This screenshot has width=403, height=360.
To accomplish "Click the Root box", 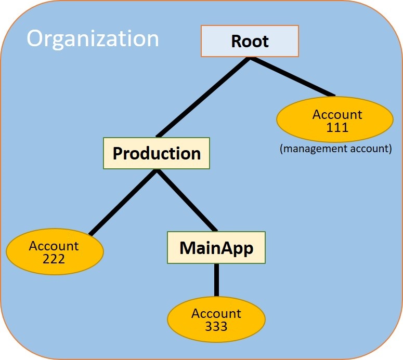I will click(x=250, y=41).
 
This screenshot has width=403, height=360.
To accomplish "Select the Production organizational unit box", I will click(x=157, y=153).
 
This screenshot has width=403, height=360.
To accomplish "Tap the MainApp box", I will click(x=216, y=248).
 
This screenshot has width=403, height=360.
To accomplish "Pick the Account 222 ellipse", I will click(x=55, y=252).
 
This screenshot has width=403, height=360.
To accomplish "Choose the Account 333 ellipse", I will click(x=216, y=319).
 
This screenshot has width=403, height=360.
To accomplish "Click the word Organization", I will click(x=93, y=39).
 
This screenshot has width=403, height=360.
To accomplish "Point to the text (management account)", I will click(x=335, y=149).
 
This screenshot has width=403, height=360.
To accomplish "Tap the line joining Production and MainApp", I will click(x=187, y=200).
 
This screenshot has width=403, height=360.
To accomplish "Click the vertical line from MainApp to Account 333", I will click(x=216, y=280).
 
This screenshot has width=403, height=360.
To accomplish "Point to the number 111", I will click(x=337, y=127).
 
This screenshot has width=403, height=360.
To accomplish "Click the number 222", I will click(x=54, y=258).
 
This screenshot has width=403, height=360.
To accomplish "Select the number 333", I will click(x=216, y=326).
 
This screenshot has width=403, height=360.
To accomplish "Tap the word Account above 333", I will click(x=216, y=313).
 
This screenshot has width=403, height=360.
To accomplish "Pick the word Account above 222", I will click(x=54, y=246).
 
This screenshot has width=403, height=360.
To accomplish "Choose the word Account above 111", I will click(x=337, y=114).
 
